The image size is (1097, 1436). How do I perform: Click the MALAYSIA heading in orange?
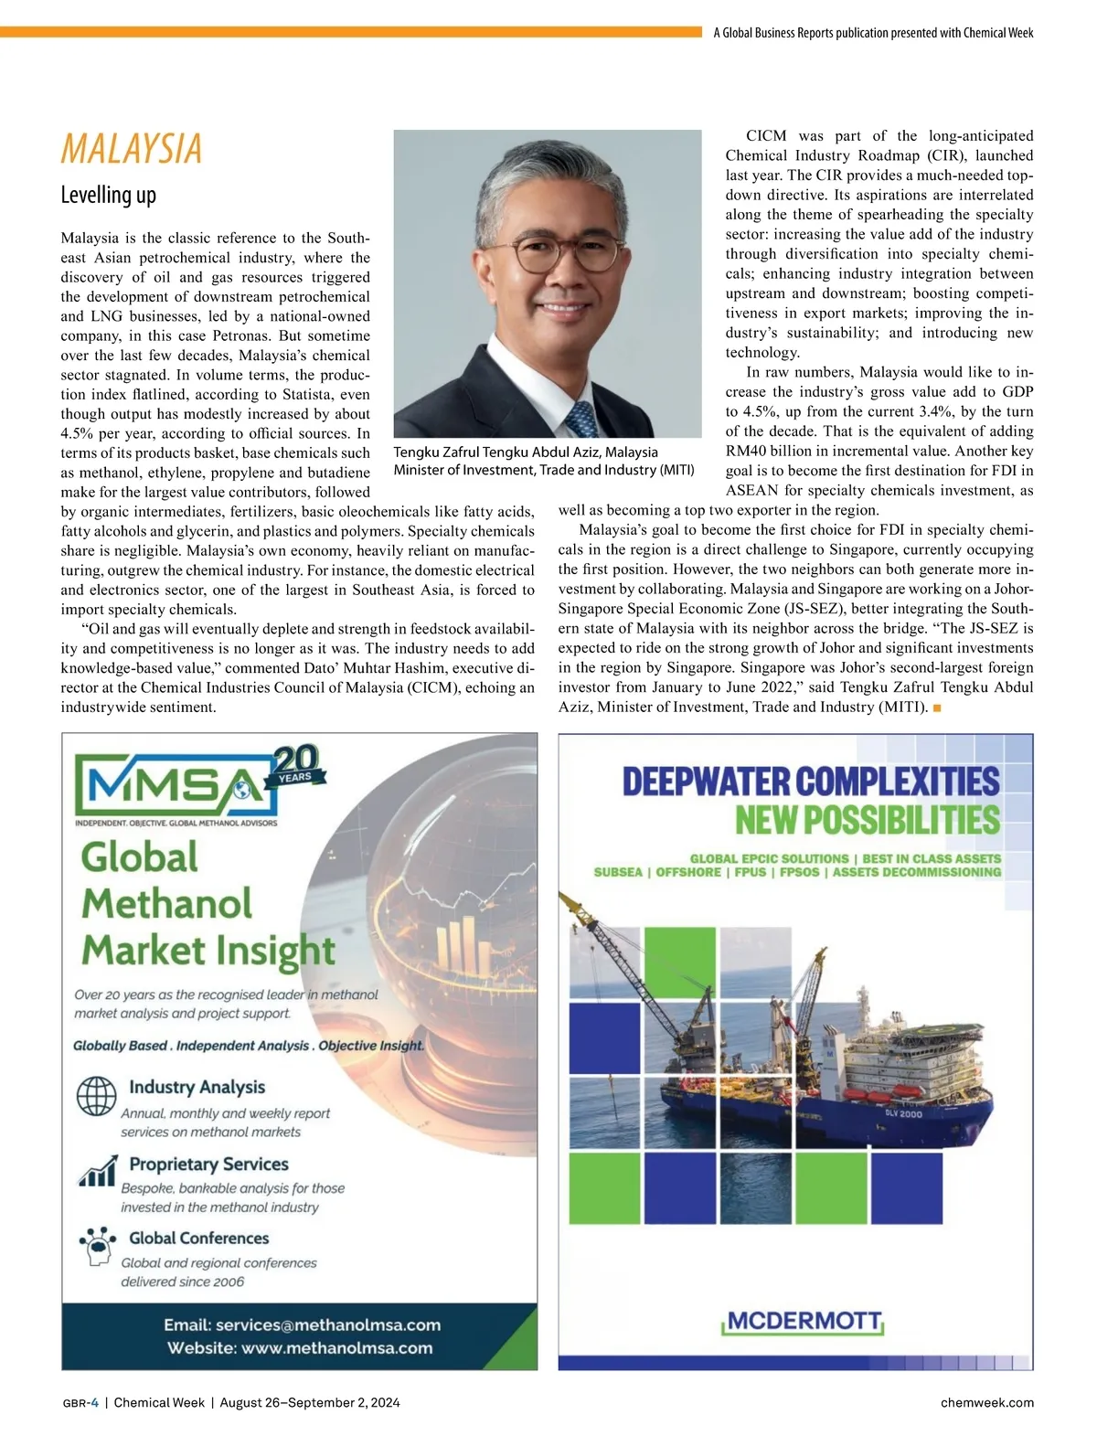click(132, 149)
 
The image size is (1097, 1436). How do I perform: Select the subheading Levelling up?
click(109, 195)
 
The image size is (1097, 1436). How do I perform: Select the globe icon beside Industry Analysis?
click(96, 1095)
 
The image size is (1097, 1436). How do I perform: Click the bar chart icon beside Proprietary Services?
click(98, 1171)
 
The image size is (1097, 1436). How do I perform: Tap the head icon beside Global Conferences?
click(98, 1245)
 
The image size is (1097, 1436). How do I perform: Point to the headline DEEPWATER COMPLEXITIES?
click(811, 782)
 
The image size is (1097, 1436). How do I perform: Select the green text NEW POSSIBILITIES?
click(868, 820)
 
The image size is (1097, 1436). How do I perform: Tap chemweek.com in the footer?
click(986, 1402)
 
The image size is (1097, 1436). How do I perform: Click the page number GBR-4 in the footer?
click(80, 1402)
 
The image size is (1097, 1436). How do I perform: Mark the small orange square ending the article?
click(937, 707)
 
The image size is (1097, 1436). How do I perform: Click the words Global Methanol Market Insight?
click(208, 903)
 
